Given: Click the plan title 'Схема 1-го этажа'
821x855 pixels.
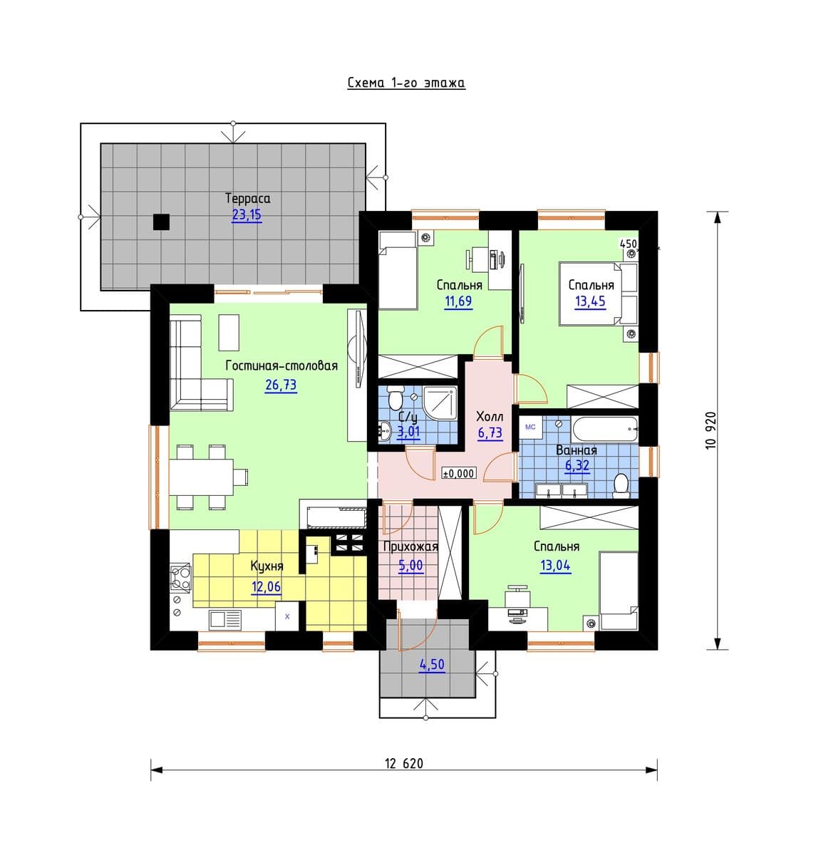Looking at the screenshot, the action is [406, 83].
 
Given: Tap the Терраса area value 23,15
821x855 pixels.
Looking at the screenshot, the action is [246, 215].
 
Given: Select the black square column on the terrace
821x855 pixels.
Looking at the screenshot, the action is [161, 222].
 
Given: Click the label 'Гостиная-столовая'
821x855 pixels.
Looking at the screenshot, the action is [282, 366].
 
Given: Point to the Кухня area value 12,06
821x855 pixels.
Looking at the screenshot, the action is [266, 586].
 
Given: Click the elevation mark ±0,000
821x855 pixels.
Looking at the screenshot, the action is [459, 473].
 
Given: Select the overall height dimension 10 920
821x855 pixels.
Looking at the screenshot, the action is [711, 430].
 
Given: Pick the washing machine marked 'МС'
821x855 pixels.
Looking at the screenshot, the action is [530, 427].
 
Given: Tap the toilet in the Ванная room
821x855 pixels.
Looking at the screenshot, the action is [621, 485].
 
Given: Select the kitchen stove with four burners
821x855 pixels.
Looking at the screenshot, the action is [181, 577].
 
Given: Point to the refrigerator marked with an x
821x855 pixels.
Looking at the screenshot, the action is [287, 616].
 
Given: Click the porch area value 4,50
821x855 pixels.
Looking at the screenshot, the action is [432, 665].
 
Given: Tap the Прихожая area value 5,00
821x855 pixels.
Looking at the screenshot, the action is [410, 564].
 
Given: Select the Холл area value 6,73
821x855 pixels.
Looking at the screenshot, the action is [490, 432].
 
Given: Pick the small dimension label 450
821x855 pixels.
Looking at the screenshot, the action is [628, 244].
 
